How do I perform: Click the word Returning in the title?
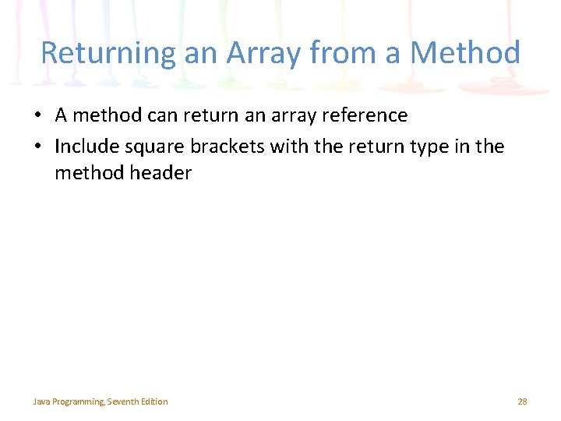(97, 54)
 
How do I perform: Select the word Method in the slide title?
(464, 54)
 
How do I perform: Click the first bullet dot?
(37, 116)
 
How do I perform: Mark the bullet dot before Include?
(37, 147)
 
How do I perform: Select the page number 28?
(522, 402)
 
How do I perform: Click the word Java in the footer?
(41, 402)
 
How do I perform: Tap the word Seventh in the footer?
(125, 402)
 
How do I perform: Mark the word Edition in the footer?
(155, 402)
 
